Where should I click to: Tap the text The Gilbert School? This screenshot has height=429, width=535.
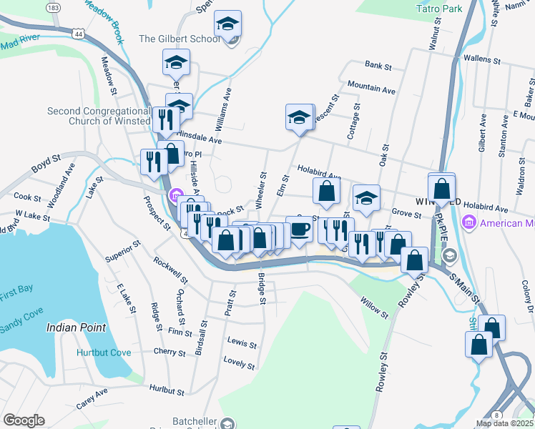point(180,39)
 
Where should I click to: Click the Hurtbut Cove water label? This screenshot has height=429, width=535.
point(104,352)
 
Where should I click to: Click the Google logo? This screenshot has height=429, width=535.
point(24,420)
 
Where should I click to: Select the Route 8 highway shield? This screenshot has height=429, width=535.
point(496,415)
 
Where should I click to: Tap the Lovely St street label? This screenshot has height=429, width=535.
point(240,363)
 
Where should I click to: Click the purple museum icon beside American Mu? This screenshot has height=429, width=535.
point(469,223)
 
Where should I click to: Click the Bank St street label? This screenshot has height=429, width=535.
point(378,66)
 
